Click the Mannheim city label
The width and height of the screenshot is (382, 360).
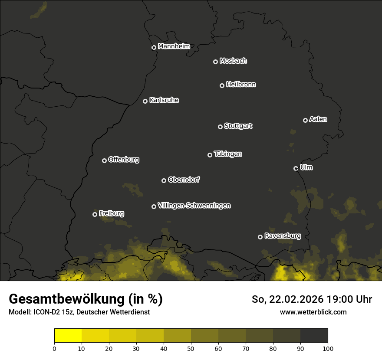point(174,46)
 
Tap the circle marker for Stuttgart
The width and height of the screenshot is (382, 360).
point(220,127)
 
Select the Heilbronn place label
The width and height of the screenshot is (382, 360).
point(241,85)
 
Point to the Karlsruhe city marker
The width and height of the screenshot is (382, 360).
point(145,101)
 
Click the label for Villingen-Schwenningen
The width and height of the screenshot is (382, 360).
point(194,206)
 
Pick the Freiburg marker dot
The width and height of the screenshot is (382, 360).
point(95,214)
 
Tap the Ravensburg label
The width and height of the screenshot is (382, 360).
point(282,236)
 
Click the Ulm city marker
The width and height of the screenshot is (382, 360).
point(296,168)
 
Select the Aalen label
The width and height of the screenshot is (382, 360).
point(318,119)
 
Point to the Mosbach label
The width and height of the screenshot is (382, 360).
point(233,61)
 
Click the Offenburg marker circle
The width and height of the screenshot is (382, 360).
point(104,160)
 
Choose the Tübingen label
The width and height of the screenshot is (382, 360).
point(228,154)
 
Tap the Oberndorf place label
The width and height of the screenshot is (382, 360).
point(184,180)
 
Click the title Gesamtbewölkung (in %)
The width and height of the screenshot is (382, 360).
point(86,299)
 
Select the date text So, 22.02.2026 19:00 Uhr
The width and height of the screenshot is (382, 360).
point(312,299)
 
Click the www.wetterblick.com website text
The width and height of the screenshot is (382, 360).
point(313,312)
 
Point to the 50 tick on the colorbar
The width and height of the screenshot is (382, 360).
point(191,348)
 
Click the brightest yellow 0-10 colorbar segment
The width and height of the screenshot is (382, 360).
point(68,336)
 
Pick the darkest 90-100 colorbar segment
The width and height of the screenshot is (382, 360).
point(314,336)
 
